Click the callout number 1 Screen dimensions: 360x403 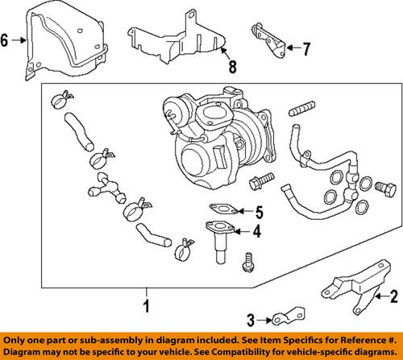click(146, 307)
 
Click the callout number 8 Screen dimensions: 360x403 click(232, 68)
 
